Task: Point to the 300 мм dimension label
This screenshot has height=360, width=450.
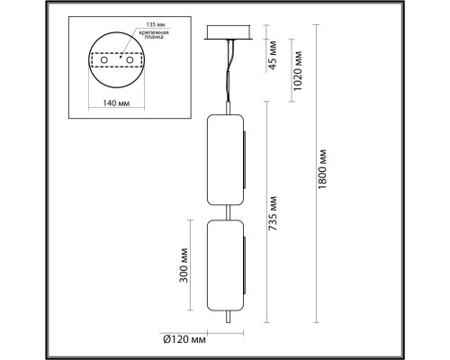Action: pos(185,269)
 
